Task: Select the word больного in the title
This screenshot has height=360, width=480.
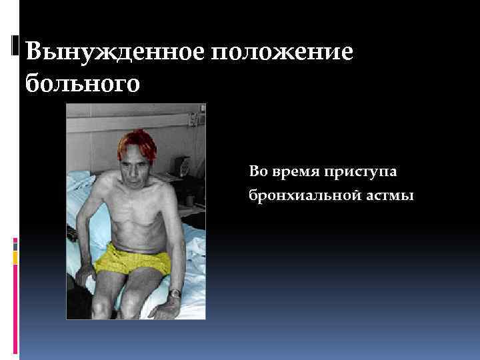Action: [83, 84]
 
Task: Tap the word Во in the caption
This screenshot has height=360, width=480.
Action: [257, 172]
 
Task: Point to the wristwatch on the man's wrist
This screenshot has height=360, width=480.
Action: [175, 293]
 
